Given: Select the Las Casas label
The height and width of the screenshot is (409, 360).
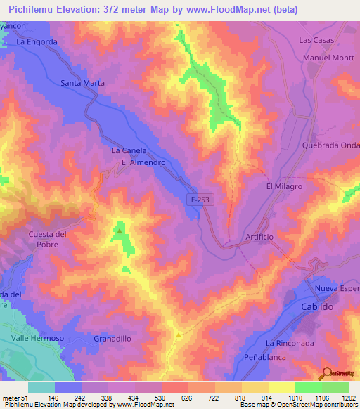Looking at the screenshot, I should click(x=315, y=40).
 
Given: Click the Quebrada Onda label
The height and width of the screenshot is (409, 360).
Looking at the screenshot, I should click(x=330, y=145).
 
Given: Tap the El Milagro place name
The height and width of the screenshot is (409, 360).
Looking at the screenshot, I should click(x=283, y=186).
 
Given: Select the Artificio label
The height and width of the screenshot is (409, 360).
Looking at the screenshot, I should click(x=259, y=237).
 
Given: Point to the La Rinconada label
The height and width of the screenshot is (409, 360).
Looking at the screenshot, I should click(x=288, y=342).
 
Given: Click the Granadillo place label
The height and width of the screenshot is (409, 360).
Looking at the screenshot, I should click(x=112, y=338).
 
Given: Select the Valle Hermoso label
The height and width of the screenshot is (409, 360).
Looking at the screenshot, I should click(x=38, y=338).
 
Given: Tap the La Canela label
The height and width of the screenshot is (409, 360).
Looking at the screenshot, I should click(x=129, y=150).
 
